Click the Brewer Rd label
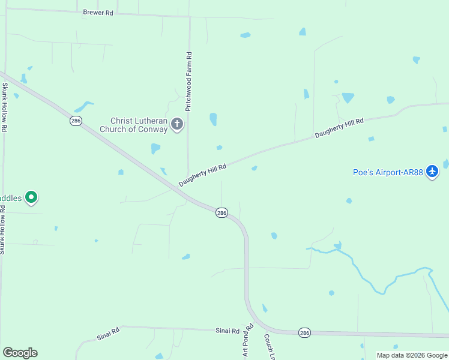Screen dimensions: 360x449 (98, 13)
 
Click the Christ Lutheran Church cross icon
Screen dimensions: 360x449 (176, 125)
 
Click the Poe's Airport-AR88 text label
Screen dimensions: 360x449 (388, 172)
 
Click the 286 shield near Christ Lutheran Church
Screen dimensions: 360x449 (76, 121)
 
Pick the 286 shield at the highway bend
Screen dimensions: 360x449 (221, 213)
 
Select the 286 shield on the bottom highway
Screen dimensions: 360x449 (304, 332)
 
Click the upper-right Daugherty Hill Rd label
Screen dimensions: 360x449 (339, 128)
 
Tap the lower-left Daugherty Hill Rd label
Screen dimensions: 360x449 (202, 175)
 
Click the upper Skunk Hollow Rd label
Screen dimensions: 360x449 (4, 107)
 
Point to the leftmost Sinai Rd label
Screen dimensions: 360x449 (108, 333)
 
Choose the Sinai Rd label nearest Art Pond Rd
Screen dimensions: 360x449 (228, 331)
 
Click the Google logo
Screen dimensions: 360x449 (20, 353)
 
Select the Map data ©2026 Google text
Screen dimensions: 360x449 (412, 355)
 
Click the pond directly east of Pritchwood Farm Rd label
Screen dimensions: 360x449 (213, 119)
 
